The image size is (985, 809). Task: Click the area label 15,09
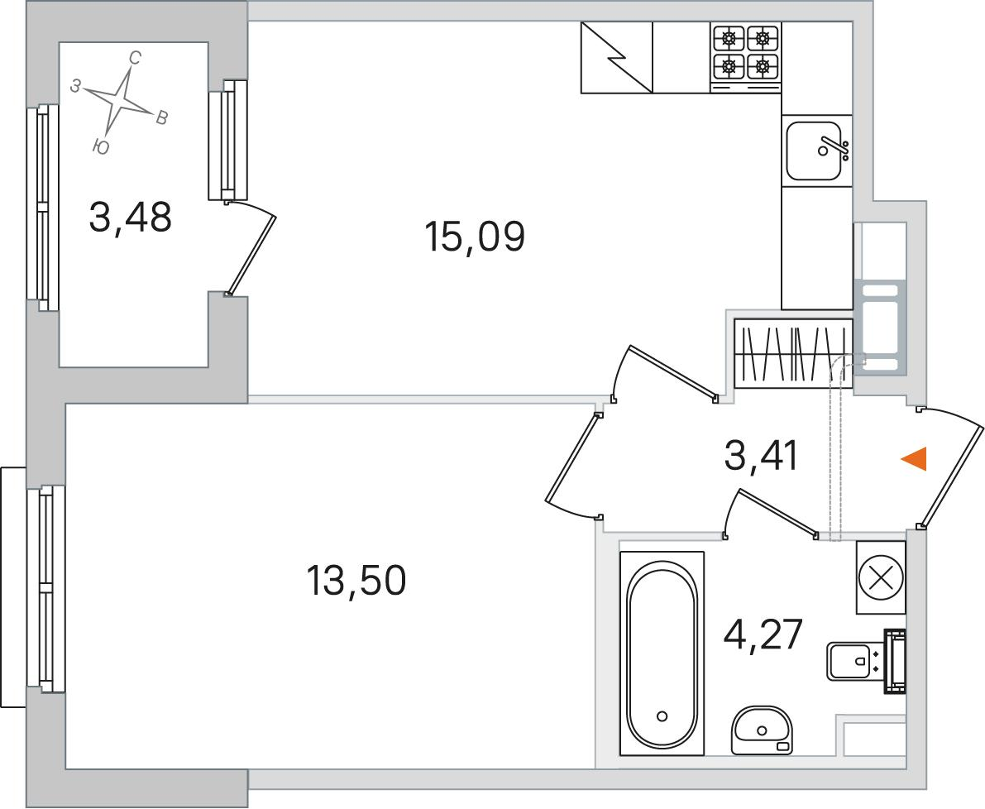click(x=474, y=237)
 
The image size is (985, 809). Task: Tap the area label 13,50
click(x=356, y=581)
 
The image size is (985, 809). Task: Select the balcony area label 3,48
click(x=130, y=218)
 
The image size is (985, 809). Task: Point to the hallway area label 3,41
click(x=761, y=456)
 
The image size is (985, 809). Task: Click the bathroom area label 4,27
click(x=763, y=635)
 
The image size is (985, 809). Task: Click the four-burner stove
click(x=746, y=58)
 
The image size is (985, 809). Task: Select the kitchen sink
click(x=816, y=151)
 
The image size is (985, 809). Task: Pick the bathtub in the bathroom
click(x=662, y=653)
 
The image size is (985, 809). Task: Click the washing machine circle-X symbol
click(x=880, y=577)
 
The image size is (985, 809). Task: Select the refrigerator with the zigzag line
click(x=617, y=58)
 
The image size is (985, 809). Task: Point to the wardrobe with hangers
click(x=793, y=353)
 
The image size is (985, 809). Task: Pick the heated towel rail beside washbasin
click(x=895, y=661)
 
